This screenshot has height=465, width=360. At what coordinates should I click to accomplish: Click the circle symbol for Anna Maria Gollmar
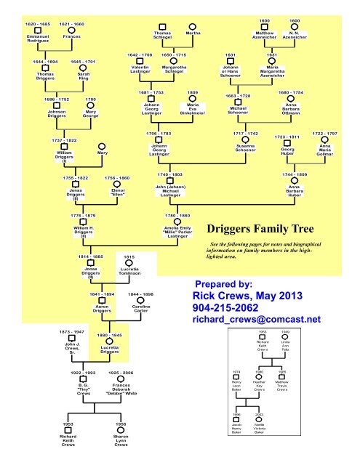click(x=324, y=142)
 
